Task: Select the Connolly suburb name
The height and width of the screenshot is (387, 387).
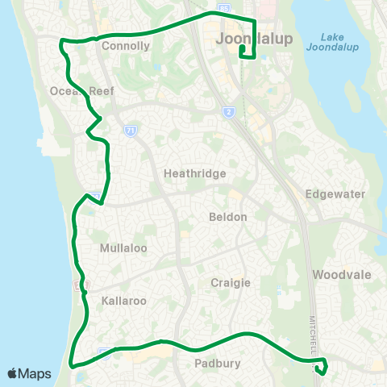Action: [126, 46]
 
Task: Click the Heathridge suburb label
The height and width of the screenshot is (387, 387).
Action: [194, 173]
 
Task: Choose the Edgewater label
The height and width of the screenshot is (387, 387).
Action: [335, 194]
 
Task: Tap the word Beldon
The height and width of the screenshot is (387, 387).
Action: [227, 217]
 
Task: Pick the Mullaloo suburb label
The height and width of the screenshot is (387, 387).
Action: [123, 248]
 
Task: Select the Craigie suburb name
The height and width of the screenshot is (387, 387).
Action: [231, 282]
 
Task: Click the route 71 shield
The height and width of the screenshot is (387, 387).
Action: [130, 130]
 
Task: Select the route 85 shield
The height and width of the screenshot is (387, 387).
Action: [224, 7]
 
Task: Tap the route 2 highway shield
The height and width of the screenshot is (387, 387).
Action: [230, 111]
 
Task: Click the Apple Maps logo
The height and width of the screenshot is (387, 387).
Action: [29, 373]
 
